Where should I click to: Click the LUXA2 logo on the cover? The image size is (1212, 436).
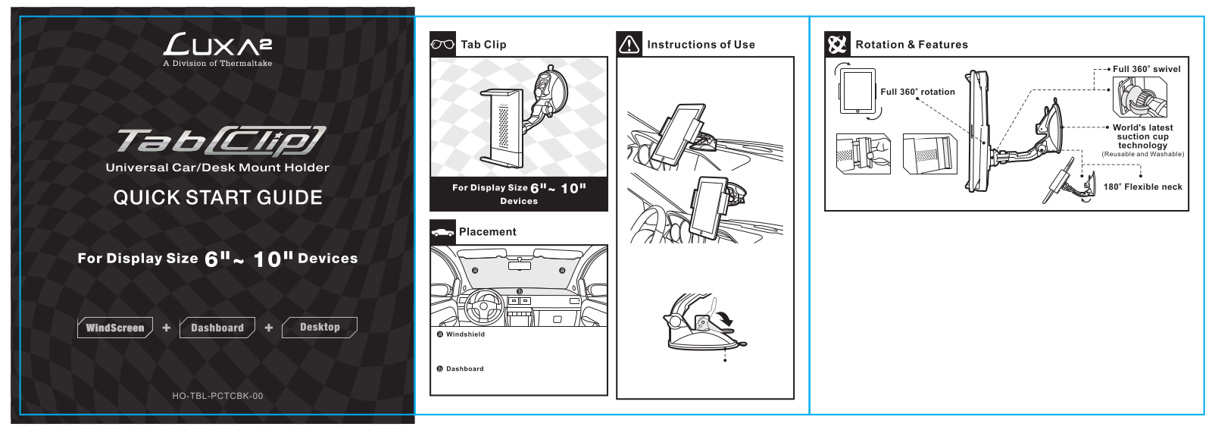point(217,45)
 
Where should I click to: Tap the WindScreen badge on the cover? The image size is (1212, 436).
point(115,328)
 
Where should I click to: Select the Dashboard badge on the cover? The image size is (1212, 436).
point(217,328)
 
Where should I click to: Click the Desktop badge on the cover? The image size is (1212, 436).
point(320,327)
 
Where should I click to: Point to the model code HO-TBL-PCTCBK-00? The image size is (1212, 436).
point(217,396)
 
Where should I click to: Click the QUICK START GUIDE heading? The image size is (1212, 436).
point(217,198)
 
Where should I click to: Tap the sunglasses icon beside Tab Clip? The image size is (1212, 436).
point(442,45)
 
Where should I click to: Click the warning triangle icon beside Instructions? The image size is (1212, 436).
point(629,45)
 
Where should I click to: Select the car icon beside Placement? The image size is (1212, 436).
point(442,232)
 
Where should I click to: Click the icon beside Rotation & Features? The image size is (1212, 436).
point(837,45)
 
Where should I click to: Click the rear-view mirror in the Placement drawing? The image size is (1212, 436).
point(520,266)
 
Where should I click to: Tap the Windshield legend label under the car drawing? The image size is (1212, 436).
point(461,334)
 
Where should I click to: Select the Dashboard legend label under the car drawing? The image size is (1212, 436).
point(461,369)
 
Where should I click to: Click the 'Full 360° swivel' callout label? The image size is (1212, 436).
point(1147,69)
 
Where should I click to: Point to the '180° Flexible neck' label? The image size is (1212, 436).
point(1143,187)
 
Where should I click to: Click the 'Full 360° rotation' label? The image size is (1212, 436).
point(917,92)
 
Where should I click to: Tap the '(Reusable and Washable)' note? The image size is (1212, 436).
point(1143,155)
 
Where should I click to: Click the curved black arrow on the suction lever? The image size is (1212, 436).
point(724,318)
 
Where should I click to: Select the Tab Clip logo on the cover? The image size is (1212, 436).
point(221,141)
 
